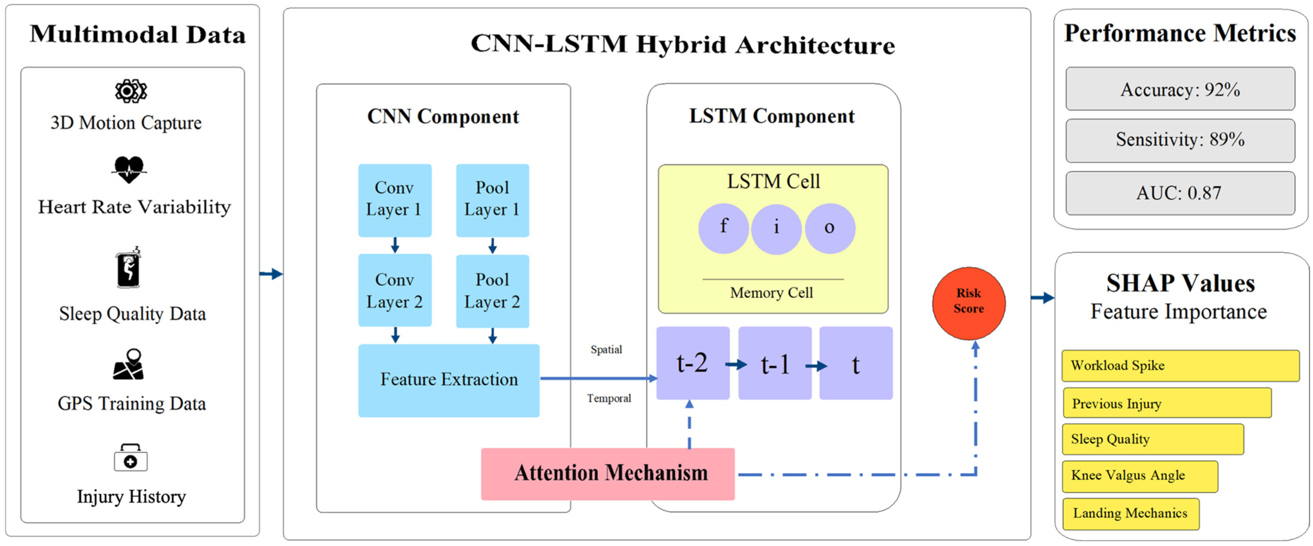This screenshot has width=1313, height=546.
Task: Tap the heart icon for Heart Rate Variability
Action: point(129,170)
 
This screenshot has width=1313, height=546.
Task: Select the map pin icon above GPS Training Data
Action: point(129,364)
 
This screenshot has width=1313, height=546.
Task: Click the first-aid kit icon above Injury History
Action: point(130,457)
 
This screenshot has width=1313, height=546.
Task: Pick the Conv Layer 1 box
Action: point(395,200)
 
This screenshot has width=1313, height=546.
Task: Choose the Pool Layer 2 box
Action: point(492,291)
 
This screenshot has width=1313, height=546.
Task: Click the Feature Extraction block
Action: point(449,380)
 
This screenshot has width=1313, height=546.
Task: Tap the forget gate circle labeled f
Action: point(723,228)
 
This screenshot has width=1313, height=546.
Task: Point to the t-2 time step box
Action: point(693,363)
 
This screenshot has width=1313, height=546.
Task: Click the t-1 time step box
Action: point(775,363)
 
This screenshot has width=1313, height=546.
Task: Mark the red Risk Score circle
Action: point(968,303)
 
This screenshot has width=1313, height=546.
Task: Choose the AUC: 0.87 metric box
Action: point(1180,193)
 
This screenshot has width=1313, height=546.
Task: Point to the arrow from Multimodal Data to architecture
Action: point(271,274)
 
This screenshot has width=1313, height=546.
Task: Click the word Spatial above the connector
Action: point(606,350)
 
